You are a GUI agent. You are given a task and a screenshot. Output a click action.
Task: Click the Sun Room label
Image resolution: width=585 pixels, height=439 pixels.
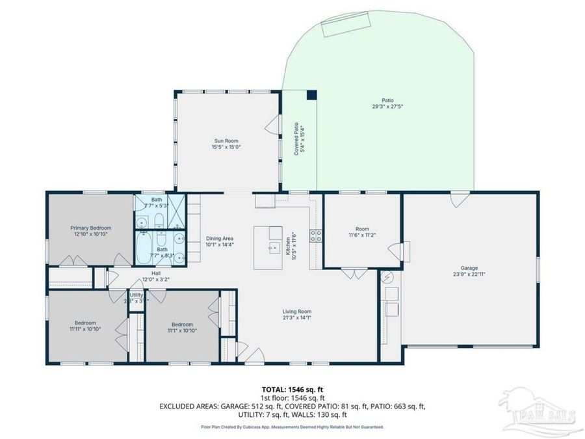tap(226, 140)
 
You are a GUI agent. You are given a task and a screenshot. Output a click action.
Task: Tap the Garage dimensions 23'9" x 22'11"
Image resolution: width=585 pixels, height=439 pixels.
tap(469, 274)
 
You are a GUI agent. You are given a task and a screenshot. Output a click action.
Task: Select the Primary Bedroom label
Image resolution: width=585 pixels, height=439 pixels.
tap(90, 228)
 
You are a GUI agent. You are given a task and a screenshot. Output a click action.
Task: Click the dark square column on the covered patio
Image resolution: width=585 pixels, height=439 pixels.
tap(311, 95)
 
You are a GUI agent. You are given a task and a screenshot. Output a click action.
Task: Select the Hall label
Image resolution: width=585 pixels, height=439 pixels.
tap(156, 273)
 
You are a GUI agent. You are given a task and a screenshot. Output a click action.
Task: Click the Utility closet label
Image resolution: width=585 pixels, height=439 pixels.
tap(136, 295)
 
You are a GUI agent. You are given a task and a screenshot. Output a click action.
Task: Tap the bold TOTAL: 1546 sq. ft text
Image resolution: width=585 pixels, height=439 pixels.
tap(292, 389)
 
